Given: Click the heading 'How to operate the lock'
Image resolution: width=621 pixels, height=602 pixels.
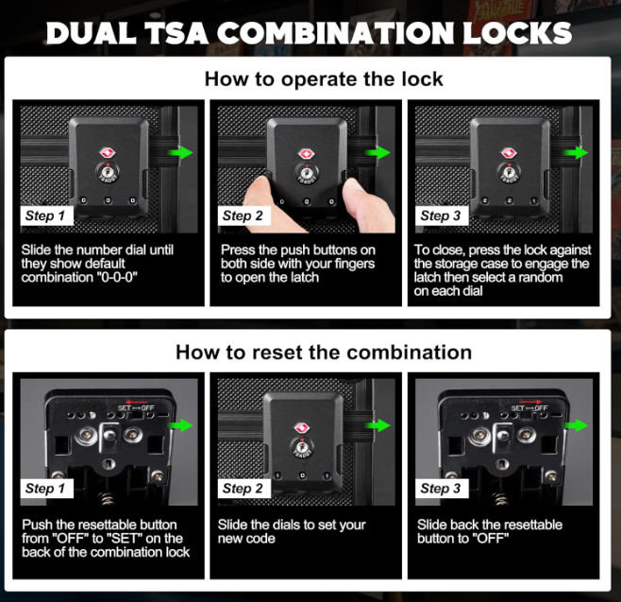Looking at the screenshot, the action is [324, 79].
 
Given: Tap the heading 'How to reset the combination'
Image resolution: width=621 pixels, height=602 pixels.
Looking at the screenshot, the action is [324, 353].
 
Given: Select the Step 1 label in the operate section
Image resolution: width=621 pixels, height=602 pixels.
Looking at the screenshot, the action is [47, 215].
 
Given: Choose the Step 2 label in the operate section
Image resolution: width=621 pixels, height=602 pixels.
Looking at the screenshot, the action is [243, 215].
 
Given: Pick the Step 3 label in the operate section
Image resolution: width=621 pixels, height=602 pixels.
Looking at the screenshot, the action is [442, 215].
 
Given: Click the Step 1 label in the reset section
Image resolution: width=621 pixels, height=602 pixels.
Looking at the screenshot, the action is [47, 489].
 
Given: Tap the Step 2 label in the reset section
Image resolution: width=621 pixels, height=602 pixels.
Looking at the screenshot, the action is [243, 489].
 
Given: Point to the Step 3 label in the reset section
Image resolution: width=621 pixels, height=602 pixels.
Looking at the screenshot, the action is [442, 489].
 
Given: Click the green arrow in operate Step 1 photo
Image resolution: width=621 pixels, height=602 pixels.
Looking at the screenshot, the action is [180, 153].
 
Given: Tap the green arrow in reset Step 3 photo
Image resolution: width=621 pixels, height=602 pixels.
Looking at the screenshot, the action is [576, 425].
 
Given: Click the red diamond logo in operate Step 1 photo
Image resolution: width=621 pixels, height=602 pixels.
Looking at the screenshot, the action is [107, 153].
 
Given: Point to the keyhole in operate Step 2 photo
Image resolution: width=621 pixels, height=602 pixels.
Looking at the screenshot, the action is [306, 173].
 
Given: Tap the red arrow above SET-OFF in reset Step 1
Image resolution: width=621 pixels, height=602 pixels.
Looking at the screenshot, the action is [136, 402].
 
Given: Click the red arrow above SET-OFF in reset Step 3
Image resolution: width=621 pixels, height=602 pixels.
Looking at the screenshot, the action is [529, 402].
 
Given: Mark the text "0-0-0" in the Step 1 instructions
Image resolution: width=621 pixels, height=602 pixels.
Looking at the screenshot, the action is [117, 277].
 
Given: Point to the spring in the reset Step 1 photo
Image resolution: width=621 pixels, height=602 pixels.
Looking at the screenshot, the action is [107, 498].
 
